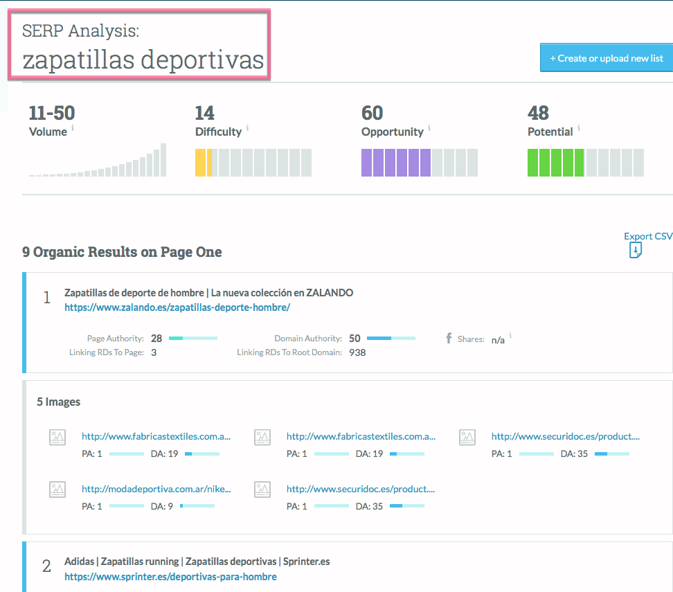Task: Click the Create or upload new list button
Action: [x=607, y=58]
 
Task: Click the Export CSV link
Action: [x=647, y=237]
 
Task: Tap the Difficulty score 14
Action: [x=205, y=113]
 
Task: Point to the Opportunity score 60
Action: [x=373, y=113]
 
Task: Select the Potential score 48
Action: [x=539, y=113]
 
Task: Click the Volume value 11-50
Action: [x=52, y=113]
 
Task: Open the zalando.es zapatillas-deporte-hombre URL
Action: [x=177, y=307]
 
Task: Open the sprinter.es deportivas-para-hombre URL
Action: [x=170, y=577]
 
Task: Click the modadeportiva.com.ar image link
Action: [x=156, y=489]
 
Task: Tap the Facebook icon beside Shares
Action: [x=449, y=339]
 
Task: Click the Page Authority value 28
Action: [x=156, y=339]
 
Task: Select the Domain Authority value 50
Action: [x=355, y=339]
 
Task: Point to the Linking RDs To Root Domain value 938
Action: [x=357, y=352]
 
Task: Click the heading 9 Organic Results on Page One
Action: [x=122, y=252]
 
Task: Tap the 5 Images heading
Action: [x=58, y=402]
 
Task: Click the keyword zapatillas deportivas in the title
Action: [x=143, y=60]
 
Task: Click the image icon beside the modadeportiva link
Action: [x=57, y=490]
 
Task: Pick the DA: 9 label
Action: [x=161, y=506]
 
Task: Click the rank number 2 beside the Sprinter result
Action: [x=46, y=566]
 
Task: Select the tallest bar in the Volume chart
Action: [x=163, y=160]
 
